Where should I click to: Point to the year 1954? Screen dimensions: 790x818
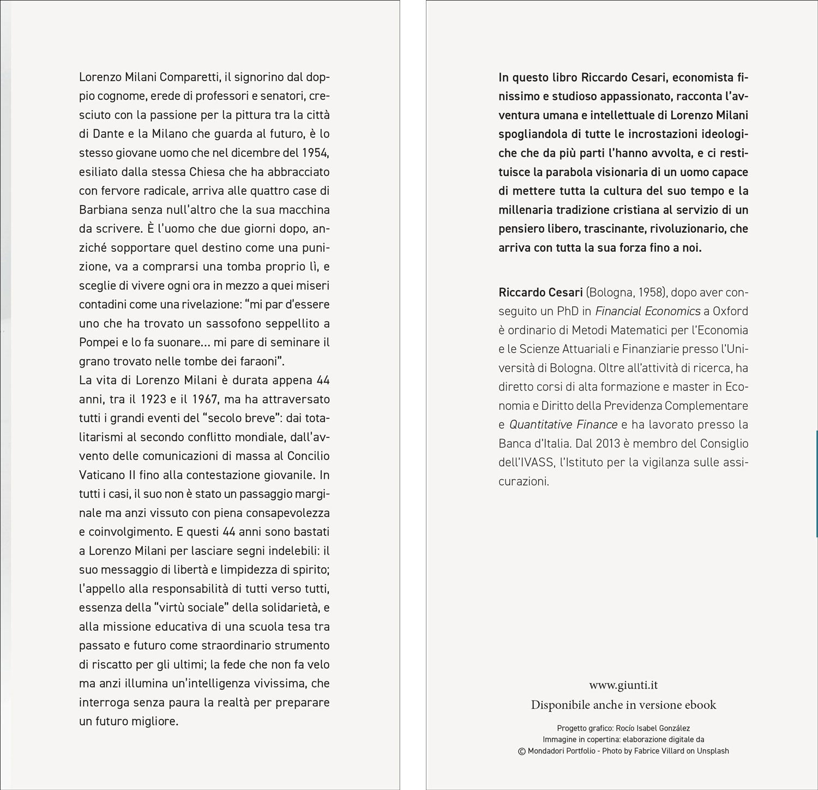(x=315, y=153)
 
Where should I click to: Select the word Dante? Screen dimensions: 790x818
(x=107, y=134)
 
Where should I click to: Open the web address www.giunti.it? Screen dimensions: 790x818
(x=623, y=685)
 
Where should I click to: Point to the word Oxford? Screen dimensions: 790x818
(x=730, y=311)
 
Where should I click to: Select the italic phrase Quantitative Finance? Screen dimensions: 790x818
(x=563, y=425)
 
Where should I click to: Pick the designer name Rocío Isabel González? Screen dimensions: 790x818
(x=657, y=728)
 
